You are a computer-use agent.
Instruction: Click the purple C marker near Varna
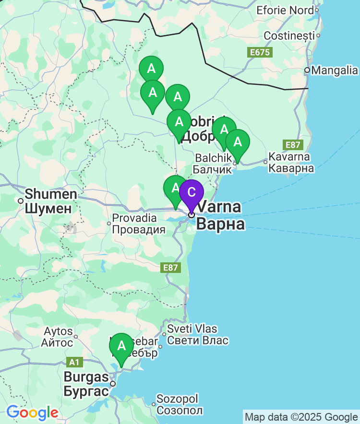point(191,193)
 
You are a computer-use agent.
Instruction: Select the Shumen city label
point(50,201)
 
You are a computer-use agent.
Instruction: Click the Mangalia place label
point(335,71)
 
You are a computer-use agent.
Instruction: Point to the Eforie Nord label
point(285,10)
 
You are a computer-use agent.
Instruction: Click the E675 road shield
point(259,52)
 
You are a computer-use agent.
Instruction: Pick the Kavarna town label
point(291,162)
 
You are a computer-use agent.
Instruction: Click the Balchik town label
point(209,163)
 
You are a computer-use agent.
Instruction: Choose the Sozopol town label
point(180,405)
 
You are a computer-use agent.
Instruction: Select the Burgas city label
point(86,384)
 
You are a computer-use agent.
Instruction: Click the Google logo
point(32,412)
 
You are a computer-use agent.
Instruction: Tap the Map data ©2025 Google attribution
point(301,417)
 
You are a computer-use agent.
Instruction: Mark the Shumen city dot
point(21,201)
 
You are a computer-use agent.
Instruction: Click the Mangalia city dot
point(307,71)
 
